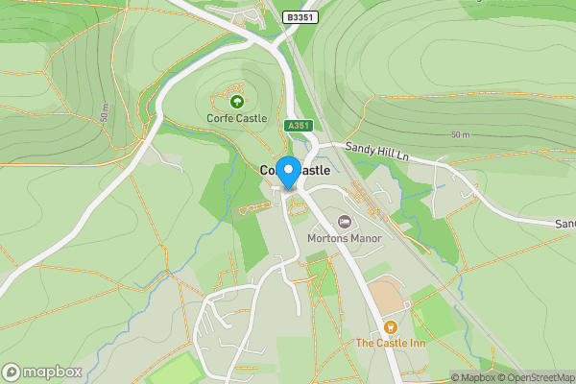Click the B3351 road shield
point(300,17)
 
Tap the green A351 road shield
point(297,126)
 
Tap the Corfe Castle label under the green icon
point(236,118)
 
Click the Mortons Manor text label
point(344,238)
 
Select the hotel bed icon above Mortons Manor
point(344,222)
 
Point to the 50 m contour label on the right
point(461,134)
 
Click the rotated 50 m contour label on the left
point(103,109)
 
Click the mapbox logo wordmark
point(42,372)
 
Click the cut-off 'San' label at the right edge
point(564,224)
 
